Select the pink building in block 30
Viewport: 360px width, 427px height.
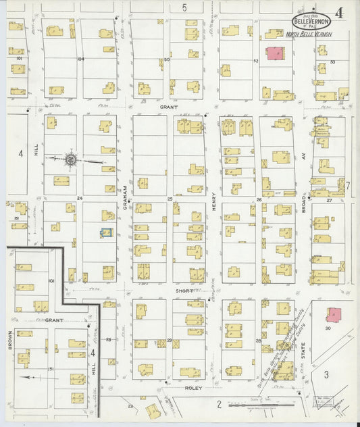333,314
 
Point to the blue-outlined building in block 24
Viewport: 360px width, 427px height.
105,232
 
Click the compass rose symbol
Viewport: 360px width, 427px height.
70,159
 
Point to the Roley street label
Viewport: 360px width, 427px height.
195,388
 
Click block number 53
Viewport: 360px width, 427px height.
333,62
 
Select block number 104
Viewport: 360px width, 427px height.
80,59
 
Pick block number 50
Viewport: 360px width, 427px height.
166,59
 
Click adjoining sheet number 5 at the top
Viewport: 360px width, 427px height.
184,7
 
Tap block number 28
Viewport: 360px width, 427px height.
258,341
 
